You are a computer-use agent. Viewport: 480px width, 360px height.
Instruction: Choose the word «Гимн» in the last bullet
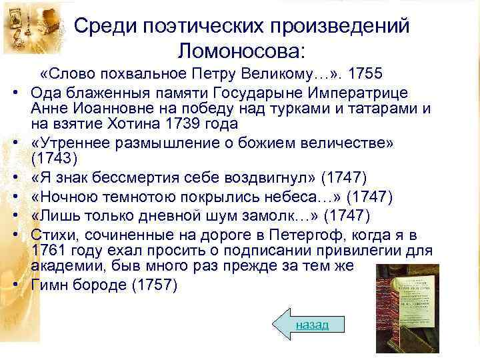[x=51, y=285]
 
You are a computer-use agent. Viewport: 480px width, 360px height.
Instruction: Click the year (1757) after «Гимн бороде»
[x=155, y=285]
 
